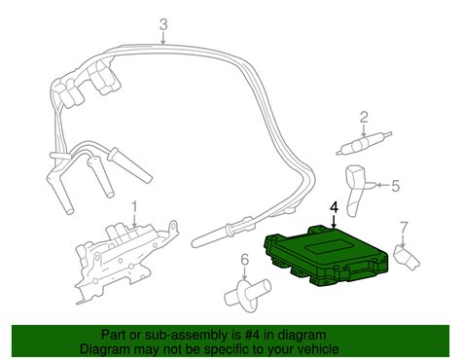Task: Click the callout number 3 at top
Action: [164, 25]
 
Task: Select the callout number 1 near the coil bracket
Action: [135, 206]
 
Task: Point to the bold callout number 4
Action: [335, 208]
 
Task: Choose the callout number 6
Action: [245, 259]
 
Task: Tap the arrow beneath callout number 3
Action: [164, 39]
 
